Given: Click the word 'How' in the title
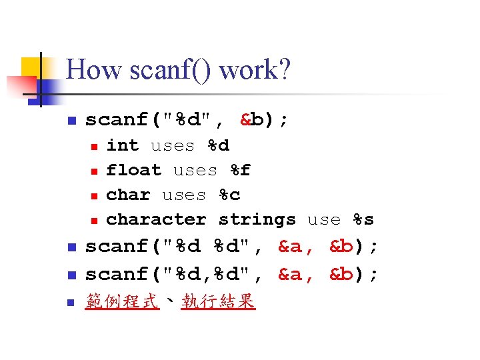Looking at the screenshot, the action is [x=90, y=70].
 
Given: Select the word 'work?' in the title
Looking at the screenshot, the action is [x=255, y=70].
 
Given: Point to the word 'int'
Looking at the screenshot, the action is [x=123, y=145].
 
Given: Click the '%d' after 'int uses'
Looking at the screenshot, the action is [x=218, y=145].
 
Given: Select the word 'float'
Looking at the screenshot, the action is [x=134, y=170].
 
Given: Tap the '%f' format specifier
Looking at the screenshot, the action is [x=241, y=170].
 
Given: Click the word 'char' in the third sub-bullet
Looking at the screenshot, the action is [x=129, y=195].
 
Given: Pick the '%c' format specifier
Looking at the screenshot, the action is [x=229, y=195].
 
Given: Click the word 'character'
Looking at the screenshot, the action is [x=157, y=219].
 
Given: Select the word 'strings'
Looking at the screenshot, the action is [x=257, y=219].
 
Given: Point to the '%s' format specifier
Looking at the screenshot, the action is [x=363, y=219].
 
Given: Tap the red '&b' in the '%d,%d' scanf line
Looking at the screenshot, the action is [x=342, y=274].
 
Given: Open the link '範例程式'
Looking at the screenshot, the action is [x=123, y=302].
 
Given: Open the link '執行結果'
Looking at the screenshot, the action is [x=218, y=302].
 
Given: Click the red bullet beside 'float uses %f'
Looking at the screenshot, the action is [x=94, y=171].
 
